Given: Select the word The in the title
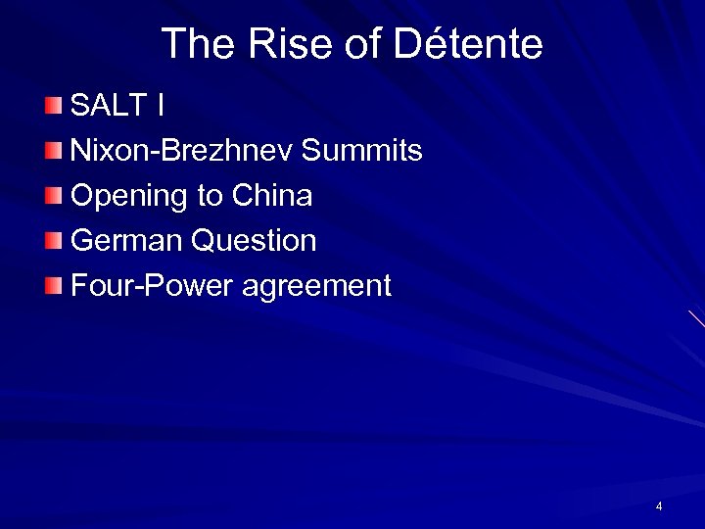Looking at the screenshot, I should point(198,44).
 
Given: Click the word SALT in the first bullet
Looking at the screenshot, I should point(107,106).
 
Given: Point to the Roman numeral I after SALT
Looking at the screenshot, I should point(160,106).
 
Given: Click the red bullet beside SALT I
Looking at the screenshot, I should point(53,106).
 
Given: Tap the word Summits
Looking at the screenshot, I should point(361,151).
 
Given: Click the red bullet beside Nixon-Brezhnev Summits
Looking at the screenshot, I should point(53,151).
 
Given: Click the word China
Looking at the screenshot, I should point(272,196).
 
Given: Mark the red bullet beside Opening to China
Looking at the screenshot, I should point(53,196).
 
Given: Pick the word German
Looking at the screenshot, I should point(127,241).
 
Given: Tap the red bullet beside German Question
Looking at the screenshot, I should point(53,241).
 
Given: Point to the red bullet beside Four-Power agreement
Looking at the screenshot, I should point(53,286).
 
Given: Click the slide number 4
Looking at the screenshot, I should point(659,506).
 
